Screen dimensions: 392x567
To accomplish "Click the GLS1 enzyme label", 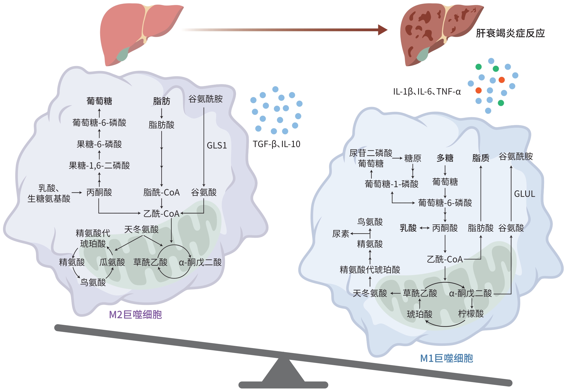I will (217, 145).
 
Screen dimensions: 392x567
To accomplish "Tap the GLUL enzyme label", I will (524, 194).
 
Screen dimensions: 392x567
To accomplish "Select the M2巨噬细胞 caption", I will (135, 315).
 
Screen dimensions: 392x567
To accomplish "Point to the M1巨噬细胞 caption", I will (446, 358).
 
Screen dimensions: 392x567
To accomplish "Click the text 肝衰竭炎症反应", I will (510, 33).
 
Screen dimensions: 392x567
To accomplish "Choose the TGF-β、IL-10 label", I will (276, 144).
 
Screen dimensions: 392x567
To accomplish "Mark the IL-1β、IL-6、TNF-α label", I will (427, 92).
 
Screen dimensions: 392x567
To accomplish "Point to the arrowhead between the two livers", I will (383, 30).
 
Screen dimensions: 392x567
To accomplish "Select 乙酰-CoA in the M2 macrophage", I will (161, 214).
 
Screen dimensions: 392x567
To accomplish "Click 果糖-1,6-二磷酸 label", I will (99, 166).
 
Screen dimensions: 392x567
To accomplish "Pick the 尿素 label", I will (341, 234).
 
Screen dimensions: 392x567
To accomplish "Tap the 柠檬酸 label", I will (471, 314).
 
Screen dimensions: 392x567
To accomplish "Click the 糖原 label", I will (413, 158).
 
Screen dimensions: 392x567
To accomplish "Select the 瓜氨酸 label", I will (112, 262).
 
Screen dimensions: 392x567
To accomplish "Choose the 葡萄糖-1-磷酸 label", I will (391, 184).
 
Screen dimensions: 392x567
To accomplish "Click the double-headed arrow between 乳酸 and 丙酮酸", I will (424, 228).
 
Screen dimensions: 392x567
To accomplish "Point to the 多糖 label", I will (445, 158).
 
